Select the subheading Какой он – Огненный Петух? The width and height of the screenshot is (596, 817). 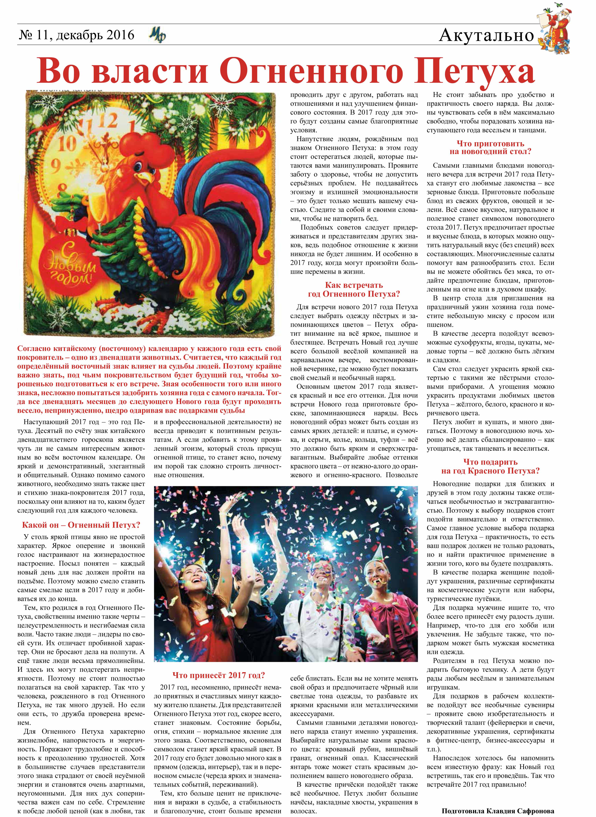81,525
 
